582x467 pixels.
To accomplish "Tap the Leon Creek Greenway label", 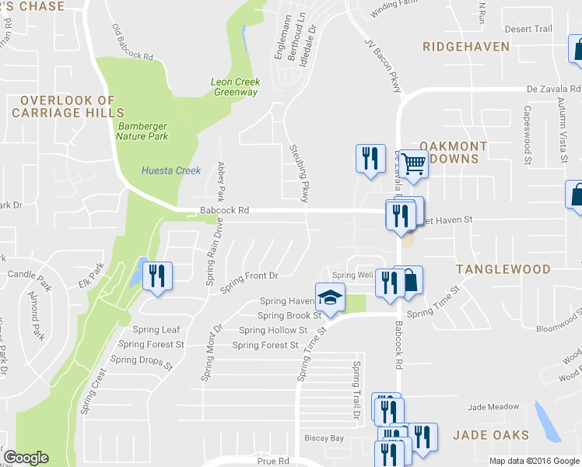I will [x=235, y=87].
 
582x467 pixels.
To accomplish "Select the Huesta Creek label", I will [x=171, y=171].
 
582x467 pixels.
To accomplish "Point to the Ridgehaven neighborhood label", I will [x=466, y=47].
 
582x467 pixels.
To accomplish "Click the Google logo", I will [x=26, y=458].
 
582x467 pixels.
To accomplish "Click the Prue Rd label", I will [x=272, y=462].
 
